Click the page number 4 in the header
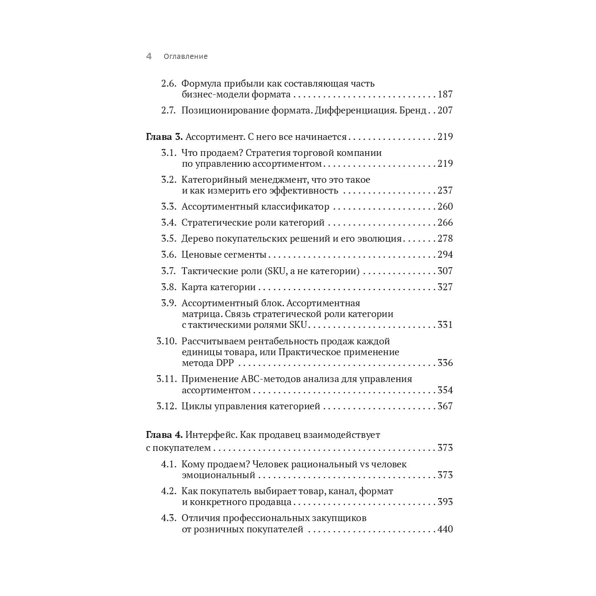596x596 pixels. coord(149,56)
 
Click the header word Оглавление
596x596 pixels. coord(185,56)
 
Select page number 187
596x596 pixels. coord(445,94)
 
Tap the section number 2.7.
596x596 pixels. coord(168,110)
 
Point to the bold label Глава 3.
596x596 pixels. coord(164,137)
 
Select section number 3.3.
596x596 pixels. coord(168,207)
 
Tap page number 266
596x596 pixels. coord(445,223)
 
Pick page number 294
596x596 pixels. coord(445,255)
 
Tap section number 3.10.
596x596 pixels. coord(167,341)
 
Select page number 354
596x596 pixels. coord(445,390)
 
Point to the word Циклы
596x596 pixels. coord(197,406)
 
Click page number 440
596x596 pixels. coord(445,529)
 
